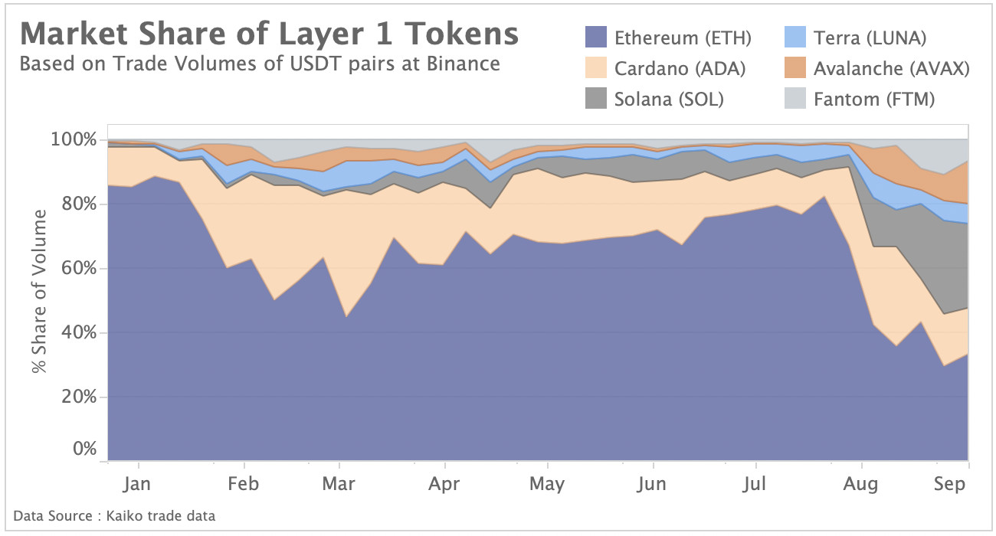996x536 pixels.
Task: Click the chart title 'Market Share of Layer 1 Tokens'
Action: tap(269, 34)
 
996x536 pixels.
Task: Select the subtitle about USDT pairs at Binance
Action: tap(260, 64)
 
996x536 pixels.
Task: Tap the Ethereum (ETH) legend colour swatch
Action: tap(596, 37)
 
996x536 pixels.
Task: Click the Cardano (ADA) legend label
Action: tap(680, 68)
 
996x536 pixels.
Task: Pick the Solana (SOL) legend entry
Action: tap(669, 99)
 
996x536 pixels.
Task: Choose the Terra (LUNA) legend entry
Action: tap(870, 37)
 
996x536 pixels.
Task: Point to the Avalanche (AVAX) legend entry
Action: tap(891, 68)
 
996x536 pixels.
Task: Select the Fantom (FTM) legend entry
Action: tap(873, 99)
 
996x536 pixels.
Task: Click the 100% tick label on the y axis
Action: tap(74, 140)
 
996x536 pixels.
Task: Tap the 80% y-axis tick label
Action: tap(79, 204)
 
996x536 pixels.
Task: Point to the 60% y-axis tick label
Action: tap(79, 269)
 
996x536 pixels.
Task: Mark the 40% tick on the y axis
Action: tap(79, 333)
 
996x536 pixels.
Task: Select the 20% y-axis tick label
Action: tap(79, 397)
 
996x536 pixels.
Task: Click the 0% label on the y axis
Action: tap(84, 449)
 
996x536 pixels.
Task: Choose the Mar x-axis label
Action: tap(339, 484)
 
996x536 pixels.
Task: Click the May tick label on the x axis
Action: tap(547, 484)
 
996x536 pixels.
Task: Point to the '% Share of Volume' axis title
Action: tap(40, 290)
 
